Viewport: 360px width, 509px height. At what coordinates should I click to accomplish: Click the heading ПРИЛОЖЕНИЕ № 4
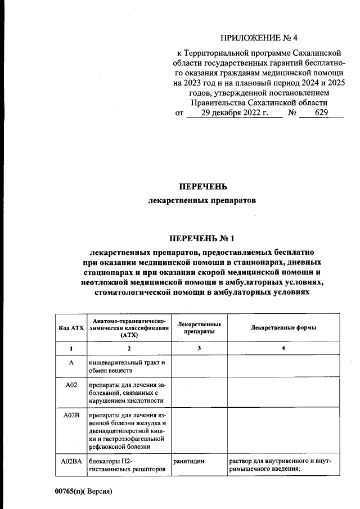point(250,38)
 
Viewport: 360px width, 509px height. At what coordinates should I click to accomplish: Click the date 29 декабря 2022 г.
point(233,112)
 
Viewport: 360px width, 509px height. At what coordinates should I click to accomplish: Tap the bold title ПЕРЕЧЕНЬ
point(203,187)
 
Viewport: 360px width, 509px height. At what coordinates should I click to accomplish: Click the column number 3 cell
point(199,349)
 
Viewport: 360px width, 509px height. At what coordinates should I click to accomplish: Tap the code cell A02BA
point(71,462)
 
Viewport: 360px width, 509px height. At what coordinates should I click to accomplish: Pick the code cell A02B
point(71,417)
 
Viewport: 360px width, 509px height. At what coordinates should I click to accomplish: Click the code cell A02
point(71,385)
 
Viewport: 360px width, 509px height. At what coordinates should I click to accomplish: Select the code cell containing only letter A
point(71,363)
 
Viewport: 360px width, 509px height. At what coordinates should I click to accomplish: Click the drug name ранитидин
point(188,462)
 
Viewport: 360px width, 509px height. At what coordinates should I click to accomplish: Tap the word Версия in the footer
point(101,491)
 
